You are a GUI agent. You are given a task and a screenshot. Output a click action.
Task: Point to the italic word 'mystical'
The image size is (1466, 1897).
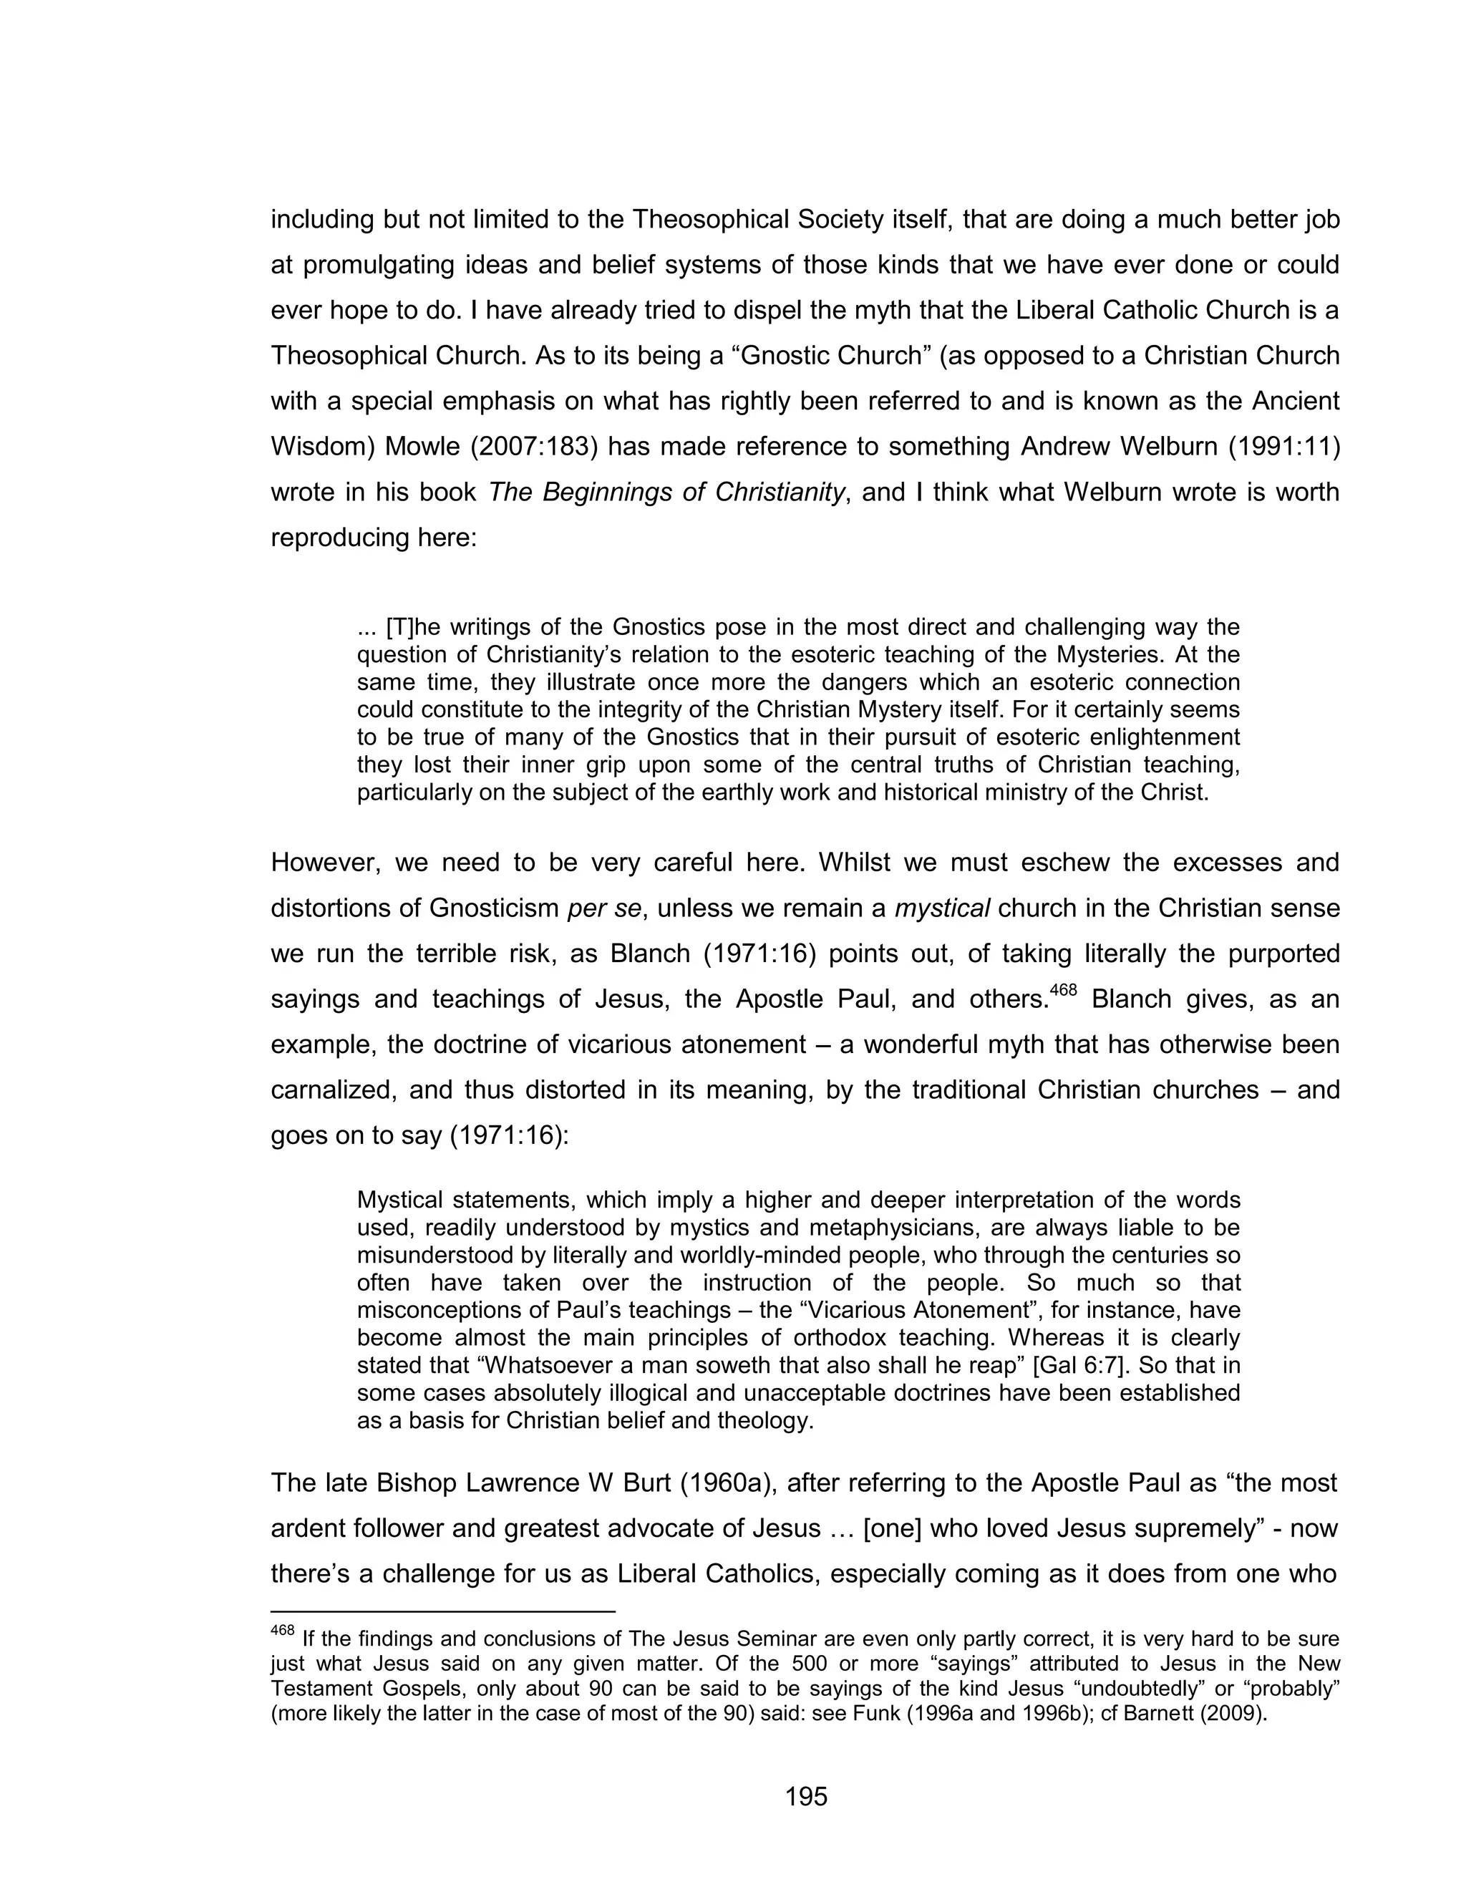point(942,908)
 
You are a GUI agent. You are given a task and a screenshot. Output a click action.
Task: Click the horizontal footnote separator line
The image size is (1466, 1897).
point(443,1612)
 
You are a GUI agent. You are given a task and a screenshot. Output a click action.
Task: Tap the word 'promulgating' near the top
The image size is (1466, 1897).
point(382,265)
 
